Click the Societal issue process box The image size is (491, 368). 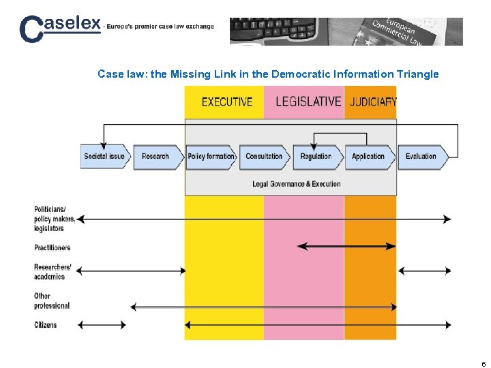[x=104, y=157]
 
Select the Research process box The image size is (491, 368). [x=156, y=157]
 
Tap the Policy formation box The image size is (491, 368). [x=211, y=157]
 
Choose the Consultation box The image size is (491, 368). [x=265, y=157]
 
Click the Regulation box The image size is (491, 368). [x=316, y=157]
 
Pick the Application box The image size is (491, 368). [x=369, y=157]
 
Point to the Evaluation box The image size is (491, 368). [x=421, y=157]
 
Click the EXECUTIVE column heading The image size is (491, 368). [x=227, y=102]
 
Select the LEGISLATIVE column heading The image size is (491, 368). [x=308, y=102]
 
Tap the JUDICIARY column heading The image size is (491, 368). [x=373, y=102]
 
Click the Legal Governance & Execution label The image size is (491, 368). [x=296, y=184]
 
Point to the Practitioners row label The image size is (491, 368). [x=53, y=247]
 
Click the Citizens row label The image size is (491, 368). [x=46, y=325]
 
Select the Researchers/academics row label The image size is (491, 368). [x=53, y=272]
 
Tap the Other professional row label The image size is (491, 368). [x=52, y=301]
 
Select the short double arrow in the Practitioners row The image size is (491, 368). [x=346, y=246]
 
